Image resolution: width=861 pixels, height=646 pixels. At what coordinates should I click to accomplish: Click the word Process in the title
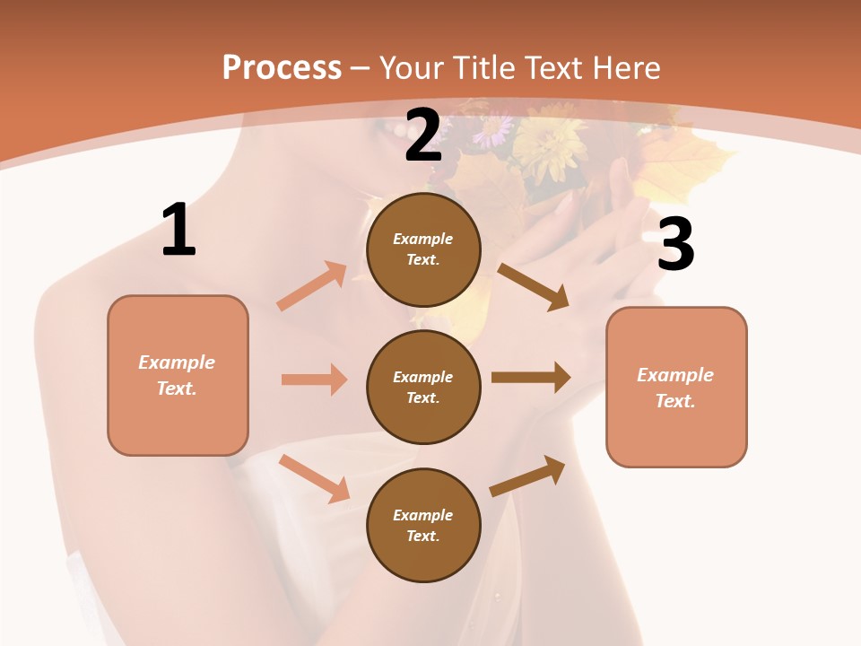click(282, 67)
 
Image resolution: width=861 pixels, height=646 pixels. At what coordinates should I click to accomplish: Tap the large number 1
click(178, 231)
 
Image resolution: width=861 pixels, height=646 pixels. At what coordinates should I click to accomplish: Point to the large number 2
click(423, 136)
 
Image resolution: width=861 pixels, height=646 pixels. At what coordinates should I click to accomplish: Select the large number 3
click(675, 245)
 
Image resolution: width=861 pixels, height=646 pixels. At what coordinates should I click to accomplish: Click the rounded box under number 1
click(178, 375)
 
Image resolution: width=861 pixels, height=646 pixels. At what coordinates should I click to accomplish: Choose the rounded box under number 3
click(676, 388)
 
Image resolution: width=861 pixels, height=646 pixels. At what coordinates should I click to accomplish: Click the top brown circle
click(423, 249)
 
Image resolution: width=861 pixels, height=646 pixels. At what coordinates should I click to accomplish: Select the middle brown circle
click(423, 387)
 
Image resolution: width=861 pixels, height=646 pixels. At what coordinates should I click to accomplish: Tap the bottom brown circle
click(423, 525)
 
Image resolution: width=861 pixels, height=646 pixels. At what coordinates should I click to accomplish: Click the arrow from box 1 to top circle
click(312, 286)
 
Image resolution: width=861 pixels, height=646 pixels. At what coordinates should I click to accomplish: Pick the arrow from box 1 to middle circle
click(314, 380)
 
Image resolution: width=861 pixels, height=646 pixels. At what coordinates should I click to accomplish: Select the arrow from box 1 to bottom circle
click(314, 478)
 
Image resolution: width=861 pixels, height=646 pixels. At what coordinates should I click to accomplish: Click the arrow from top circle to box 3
click(534, 287)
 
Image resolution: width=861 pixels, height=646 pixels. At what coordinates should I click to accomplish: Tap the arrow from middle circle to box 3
click(531, 378)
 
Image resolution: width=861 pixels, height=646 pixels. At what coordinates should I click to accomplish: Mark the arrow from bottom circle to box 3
click(527, 476)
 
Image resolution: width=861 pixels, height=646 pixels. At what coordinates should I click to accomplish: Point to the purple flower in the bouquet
click(491, 131)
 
